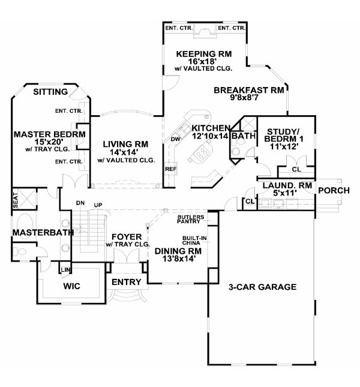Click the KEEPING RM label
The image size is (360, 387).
[204, 54]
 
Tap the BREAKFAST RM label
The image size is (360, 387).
[249, 91]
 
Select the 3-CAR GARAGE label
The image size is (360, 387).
[262, 287]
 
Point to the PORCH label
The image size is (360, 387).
[334, 191]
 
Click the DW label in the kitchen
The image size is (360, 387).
[176, 139]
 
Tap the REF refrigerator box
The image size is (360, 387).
[170, 169]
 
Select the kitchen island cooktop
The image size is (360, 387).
[200, 153]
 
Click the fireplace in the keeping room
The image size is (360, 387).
[205, 31]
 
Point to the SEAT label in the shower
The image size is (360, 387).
[15, 200]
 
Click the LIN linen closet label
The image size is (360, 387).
[65, 270]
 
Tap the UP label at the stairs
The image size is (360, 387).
[98, 205]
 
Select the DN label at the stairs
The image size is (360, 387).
[80, 203]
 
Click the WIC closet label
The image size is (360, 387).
[71, 286]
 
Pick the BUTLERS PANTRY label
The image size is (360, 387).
[191, 219]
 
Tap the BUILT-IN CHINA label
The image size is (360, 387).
[194, 241]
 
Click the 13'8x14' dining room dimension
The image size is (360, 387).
[179, 259]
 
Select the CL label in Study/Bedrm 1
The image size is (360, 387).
[296, 170]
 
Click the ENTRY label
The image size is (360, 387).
[127, 282]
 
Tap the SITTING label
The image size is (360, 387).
[50, 92]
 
